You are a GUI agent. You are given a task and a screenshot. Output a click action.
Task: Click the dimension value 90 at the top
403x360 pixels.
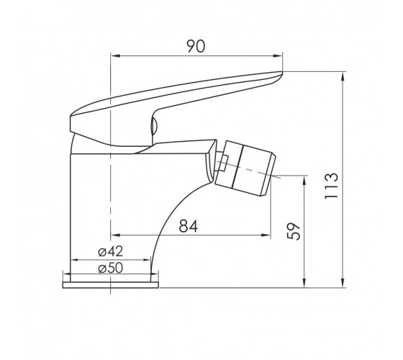[x=196, y=47]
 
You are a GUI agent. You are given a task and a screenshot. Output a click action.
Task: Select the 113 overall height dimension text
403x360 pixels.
[x=331, y=186]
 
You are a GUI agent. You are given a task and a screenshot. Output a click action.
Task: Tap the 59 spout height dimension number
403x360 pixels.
[x=294, y=231]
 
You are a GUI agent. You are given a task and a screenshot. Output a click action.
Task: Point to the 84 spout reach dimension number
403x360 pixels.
[x=189, y=226]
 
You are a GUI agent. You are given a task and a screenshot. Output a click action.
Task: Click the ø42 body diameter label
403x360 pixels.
[x=111, y=251]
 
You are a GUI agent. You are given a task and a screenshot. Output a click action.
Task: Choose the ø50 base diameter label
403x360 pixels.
[x=111, y=268]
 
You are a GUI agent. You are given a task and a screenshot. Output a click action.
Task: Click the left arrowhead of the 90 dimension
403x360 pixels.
[x=115, y=56]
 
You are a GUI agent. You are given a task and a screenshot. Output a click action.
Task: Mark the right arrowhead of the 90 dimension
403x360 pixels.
[x=278, y=56]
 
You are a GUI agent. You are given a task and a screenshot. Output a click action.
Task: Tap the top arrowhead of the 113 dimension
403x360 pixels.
[x=343, y=77]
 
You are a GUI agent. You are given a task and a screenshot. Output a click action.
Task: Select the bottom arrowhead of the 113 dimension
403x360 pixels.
[x=343, y=283]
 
